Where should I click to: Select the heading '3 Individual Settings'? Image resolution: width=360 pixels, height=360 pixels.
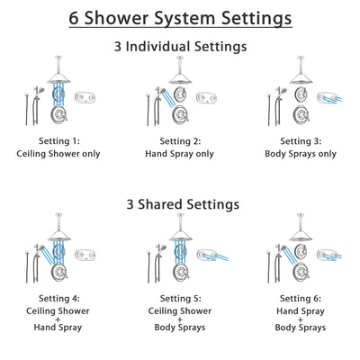click(x=180, y=46)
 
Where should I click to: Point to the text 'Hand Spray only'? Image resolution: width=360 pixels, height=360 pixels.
click(x=180, y=153)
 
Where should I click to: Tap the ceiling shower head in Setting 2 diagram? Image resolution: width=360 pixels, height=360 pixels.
click(x=180, y=78)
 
